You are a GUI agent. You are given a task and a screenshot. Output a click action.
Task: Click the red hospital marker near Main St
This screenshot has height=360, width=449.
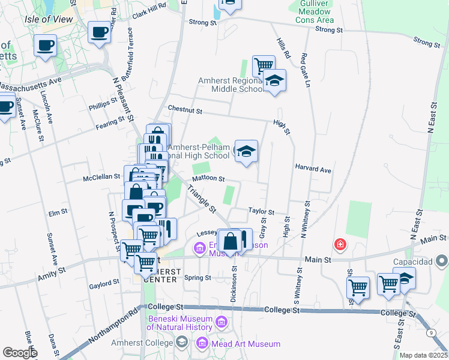(340, 244)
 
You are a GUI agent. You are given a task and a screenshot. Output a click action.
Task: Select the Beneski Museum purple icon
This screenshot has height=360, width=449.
(221, 323)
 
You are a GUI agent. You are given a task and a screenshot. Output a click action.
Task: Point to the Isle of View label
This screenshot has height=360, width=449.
(49, 19)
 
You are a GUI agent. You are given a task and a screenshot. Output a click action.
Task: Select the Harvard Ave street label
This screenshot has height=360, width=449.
(313, 170)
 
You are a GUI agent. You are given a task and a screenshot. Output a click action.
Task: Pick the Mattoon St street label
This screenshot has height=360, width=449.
(208, 178)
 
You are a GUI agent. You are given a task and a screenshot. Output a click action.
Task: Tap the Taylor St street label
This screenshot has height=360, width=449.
(262, 212)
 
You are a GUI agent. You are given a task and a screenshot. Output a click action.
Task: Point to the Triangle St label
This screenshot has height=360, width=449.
(202, 199)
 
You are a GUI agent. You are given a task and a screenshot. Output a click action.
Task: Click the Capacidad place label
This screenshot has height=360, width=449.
(414, 262)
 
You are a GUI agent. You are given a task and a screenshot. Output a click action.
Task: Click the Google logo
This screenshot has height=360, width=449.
(19, 353)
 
